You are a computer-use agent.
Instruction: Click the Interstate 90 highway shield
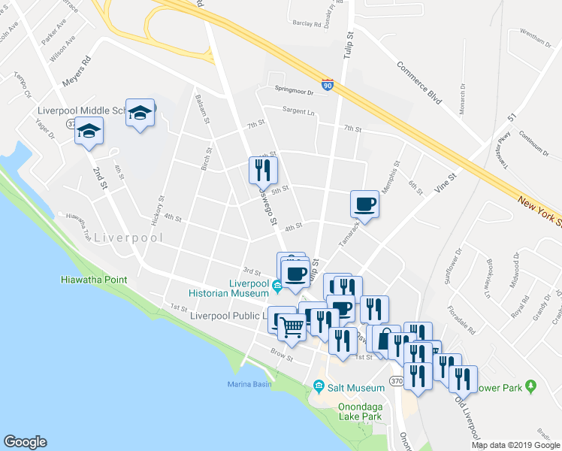(328, 85)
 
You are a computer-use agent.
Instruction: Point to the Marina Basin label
(249, 385)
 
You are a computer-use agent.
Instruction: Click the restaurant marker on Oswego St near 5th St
(261, 170)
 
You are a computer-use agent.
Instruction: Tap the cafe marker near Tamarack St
(365, 204)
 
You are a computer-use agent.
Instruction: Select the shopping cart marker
(292, 325)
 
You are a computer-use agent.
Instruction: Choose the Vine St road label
(446, 183)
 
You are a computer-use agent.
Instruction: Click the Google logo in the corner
(25, 442)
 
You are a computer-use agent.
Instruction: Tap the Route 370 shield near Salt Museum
(398, 382)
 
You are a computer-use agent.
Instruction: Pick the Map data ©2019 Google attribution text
(515, 445)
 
